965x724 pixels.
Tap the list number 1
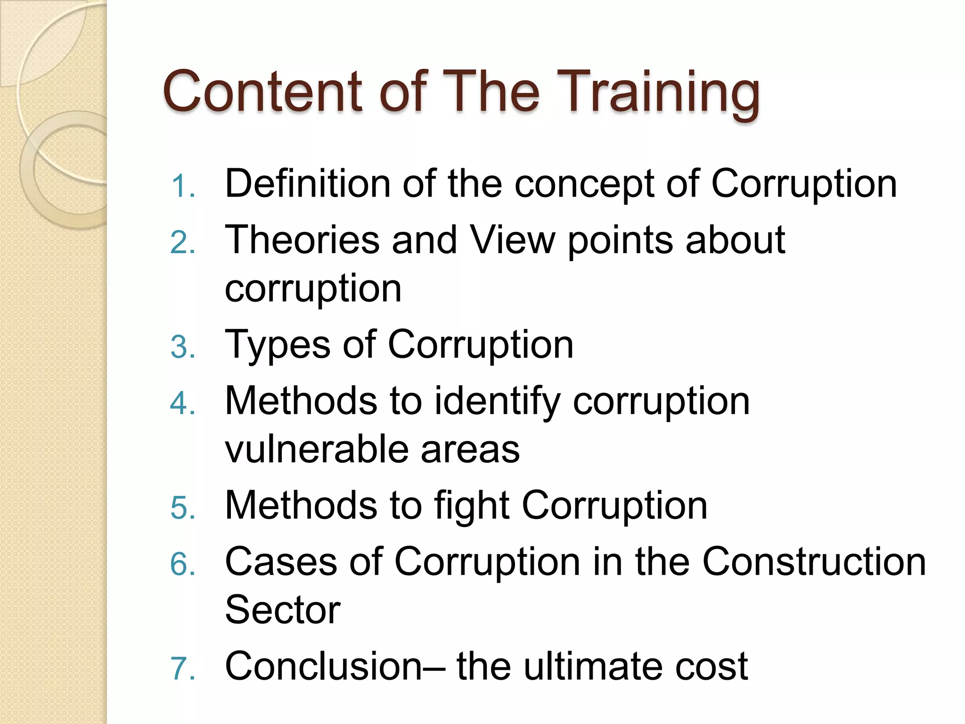(x=182, y=186)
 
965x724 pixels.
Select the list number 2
(x=182, y=243)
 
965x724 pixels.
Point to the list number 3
(x=182, y=347)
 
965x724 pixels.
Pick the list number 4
(x=182, y=404)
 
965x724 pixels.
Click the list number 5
(x=182, y=508)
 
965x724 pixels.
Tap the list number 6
(x=182, y=564)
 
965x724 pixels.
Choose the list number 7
(x=182, y=669)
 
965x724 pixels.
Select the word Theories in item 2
(x=302, y=240)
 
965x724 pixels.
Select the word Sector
(x=283, y=610)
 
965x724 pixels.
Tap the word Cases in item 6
(x=281, y=562)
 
